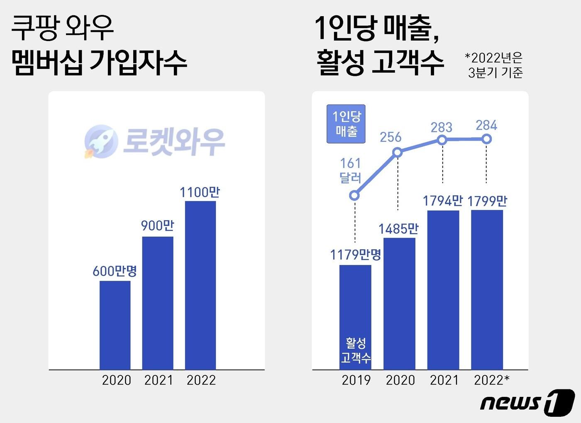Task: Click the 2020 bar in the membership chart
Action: pyautogui.click(x=115, y=325)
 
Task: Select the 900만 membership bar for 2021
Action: pyautogui.click(x=158, y=303)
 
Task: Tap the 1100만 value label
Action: pyautogui.click(x=200, y=192)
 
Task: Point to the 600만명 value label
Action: pyautogui.click(x=115, y=271)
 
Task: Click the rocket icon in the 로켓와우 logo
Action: pyautogui.click(x=99, y=141)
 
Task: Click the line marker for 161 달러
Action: pyautogui.click(x=354, y=195)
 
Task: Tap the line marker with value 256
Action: pyautogui.click(x=398, y=153)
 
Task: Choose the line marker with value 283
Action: pyautogui.click(x=442, y=140)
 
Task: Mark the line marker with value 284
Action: pyautogui.click(x=486, y=139)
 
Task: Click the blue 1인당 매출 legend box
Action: pyautogui.click(x=346, y=124)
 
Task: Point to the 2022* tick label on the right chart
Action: pyautogui.click(x=491, y=380)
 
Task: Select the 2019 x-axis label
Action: pyautogui.click(x=356, y=380)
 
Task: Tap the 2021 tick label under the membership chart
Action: pyautogui.click(x=159, y=380)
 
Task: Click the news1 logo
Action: pyautogui.click(x=527, y=402)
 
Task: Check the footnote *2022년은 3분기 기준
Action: pyautogui.click(x=494, y=65)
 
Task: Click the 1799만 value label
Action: pyautogui.click(x=487, y=201)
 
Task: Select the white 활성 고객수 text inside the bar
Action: pyautogui.click(x=356, y=350)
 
